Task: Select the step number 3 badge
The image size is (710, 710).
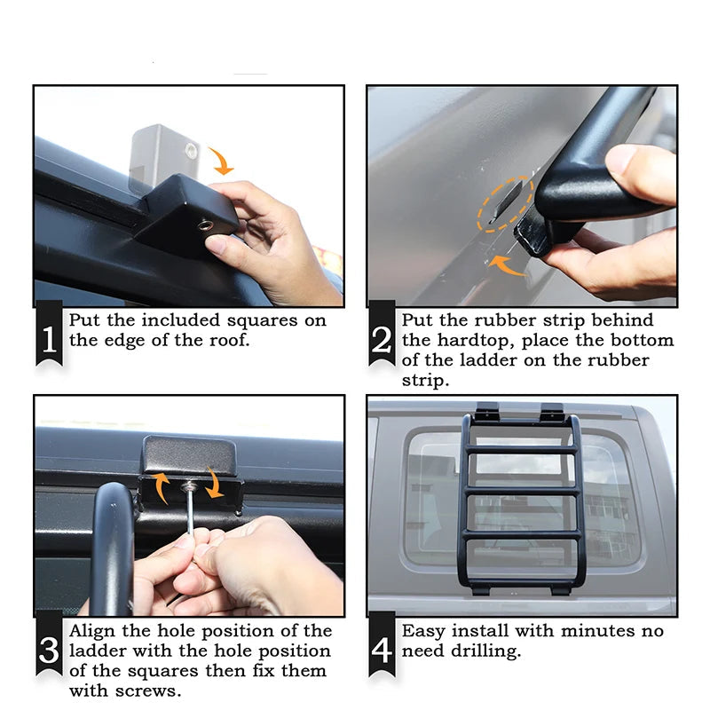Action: [50, 650]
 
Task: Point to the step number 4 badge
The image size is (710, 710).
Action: [383, 650]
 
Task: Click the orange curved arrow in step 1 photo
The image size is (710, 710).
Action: [223, 161]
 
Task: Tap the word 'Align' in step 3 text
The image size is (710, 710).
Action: [96, 631]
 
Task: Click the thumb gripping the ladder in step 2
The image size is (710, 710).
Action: [631, 165]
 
